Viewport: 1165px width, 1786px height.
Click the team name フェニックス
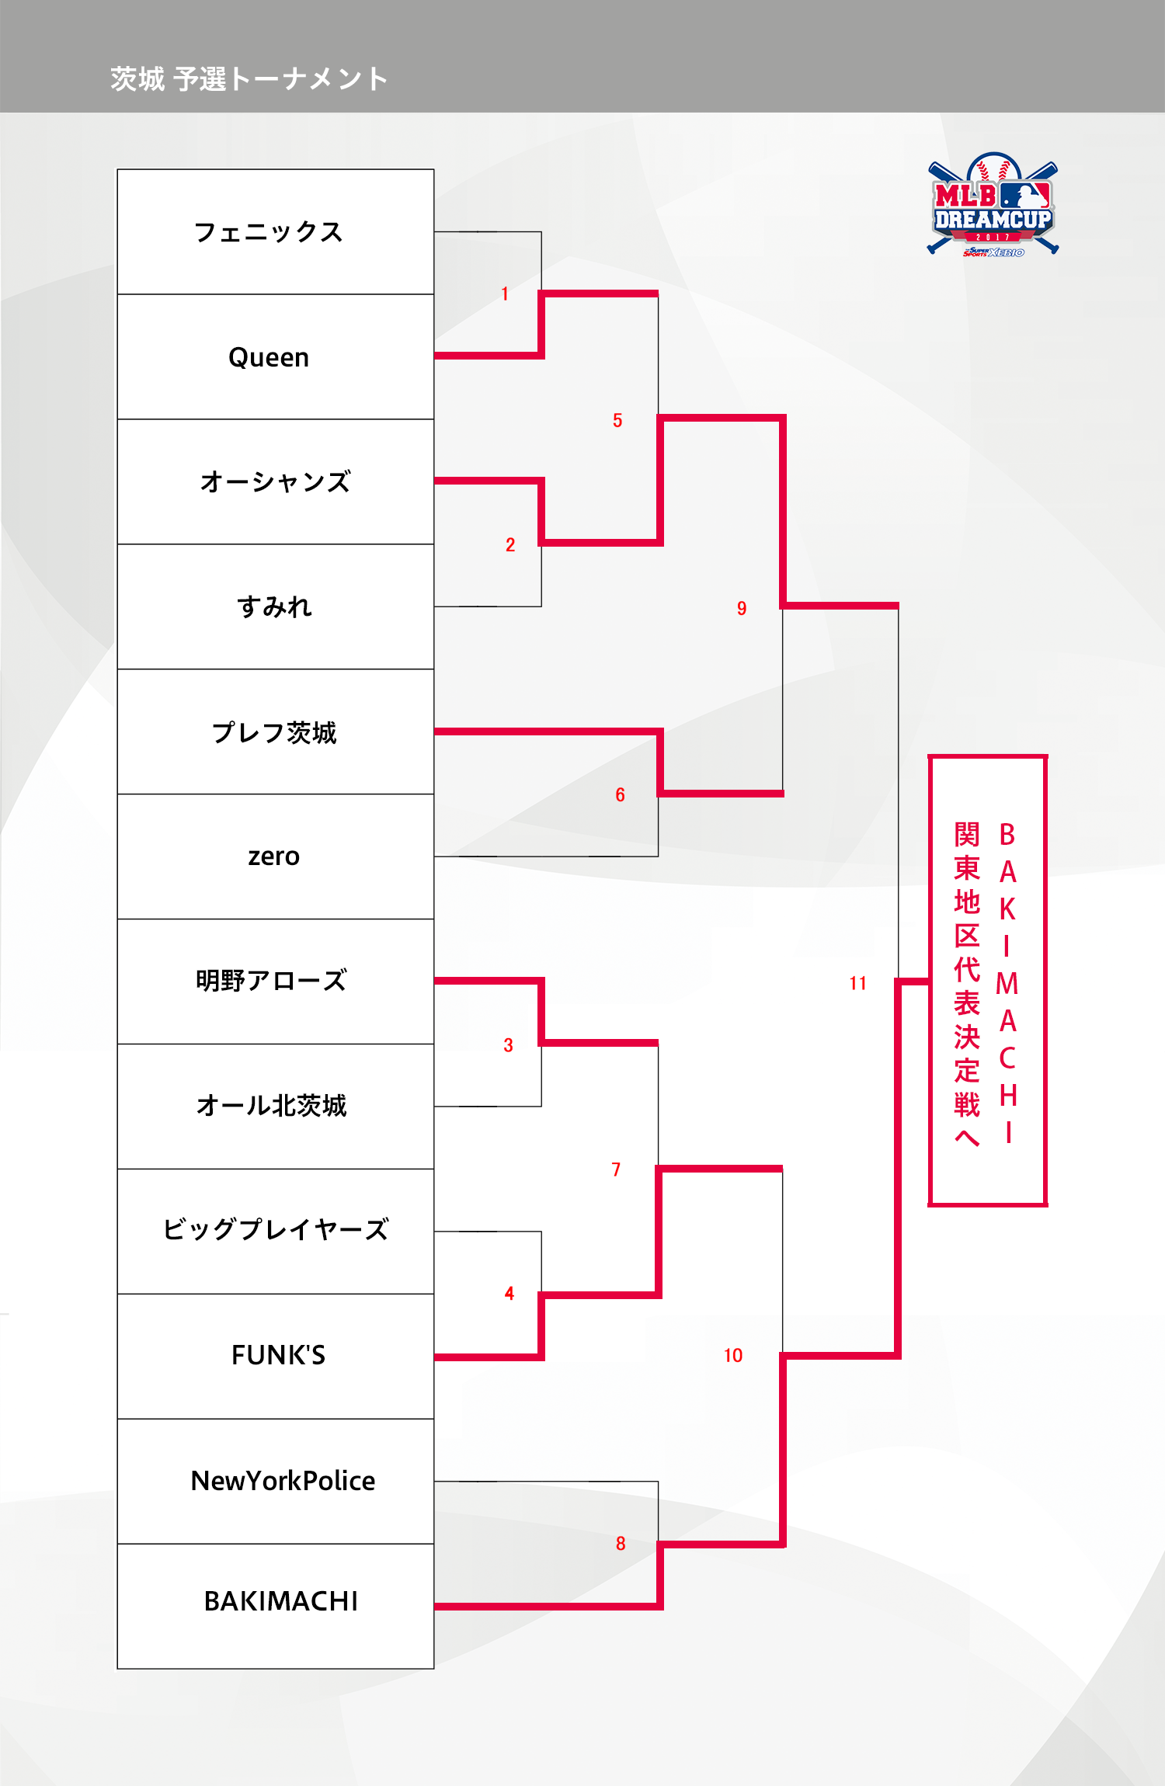click(269, 232)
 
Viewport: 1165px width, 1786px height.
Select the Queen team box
click(269, 357)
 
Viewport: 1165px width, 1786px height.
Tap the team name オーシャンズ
click(275, 481)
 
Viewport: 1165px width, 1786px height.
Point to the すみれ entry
click(274, 606)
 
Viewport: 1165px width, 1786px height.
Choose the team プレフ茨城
click(274, 732)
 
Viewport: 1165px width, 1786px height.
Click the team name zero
click(273, 857)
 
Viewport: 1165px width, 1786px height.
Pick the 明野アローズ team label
click(271, 981)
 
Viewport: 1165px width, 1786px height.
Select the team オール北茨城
click(271, 1106)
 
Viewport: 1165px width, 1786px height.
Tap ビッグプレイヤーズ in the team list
click(276, 1230)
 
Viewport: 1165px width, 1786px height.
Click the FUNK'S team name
click(278, 1355)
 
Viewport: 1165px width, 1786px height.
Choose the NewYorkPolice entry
click(283, 1481)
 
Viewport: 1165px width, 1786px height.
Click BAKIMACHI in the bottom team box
click(280, 1601)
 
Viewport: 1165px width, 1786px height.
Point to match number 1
click(505, 294)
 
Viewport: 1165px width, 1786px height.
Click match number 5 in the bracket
click(617, 420)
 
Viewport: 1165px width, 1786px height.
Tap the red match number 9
click(742, 608)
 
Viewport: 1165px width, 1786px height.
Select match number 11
click(857, 983)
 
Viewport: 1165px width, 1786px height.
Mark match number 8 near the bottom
click(621, 1544)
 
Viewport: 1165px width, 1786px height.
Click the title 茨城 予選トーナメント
click(249, 79)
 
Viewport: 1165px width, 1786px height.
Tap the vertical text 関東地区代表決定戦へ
click(967, 983)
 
